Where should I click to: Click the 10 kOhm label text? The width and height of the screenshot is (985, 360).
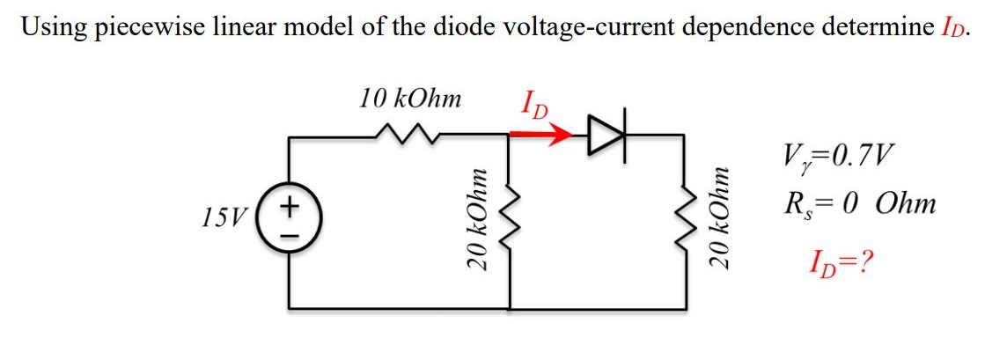(x=409, y=98)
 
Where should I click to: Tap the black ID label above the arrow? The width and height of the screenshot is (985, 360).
(x=533, y=104)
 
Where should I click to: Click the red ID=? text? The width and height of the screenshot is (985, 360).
(x=842, y=261)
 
